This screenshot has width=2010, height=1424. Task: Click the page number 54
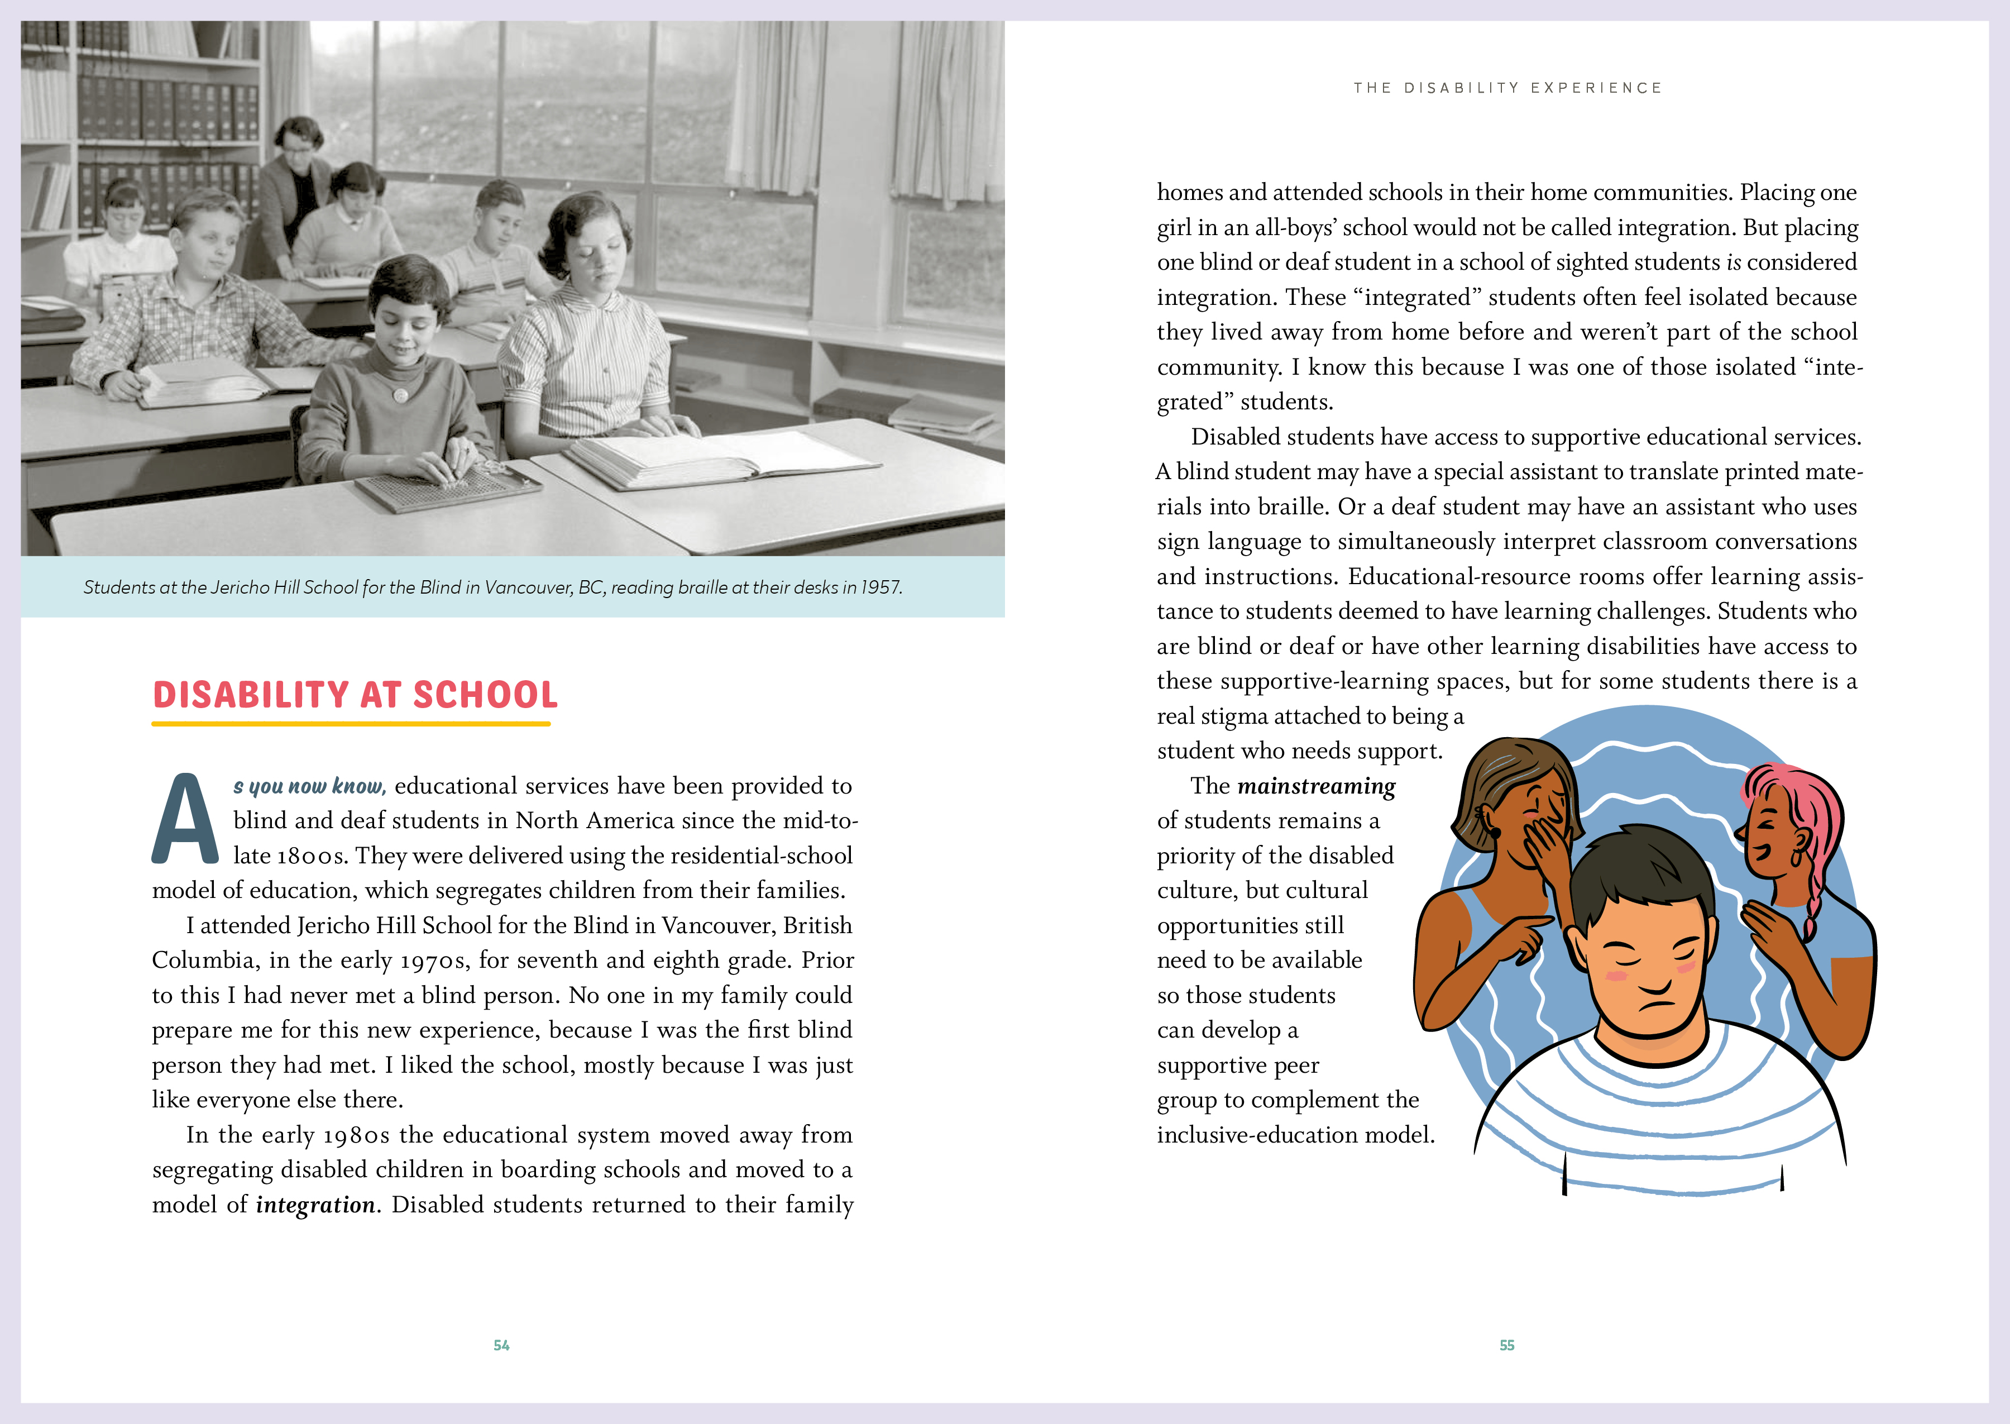click(501, 1345)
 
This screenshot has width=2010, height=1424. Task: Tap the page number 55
click(1507, 1345)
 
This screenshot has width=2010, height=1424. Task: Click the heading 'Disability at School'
click(355, 695)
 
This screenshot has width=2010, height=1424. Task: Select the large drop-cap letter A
click(185, 820)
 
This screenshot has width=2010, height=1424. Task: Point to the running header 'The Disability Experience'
click(1507, 88)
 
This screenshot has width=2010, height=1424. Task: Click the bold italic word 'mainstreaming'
click(1316, 786)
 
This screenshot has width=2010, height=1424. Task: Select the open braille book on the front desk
click(719, 457)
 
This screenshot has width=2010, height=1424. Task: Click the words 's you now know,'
click(309, 786)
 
